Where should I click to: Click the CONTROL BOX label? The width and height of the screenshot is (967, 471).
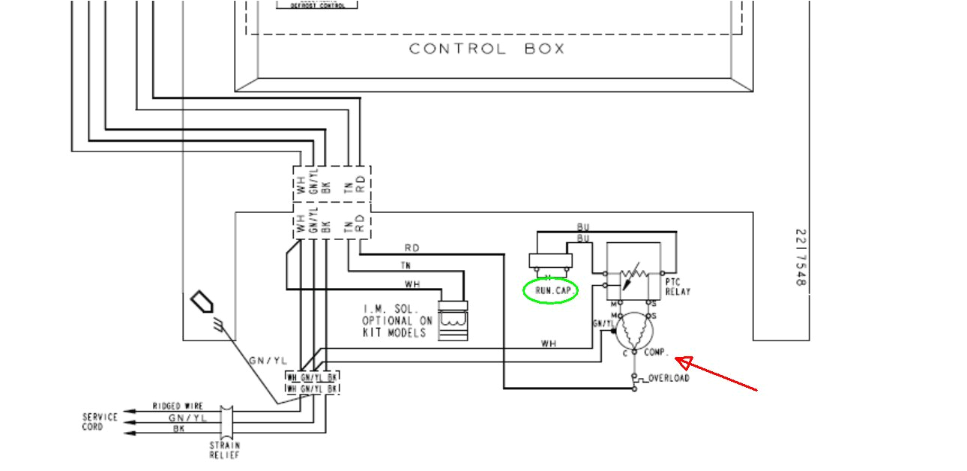(x=486, y=49)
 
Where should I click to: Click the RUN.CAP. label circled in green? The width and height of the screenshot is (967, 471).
(x=551, y=289)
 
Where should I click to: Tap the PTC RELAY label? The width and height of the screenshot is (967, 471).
(x=678, y=286)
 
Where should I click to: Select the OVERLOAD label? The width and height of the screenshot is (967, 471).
(x=669, y=378)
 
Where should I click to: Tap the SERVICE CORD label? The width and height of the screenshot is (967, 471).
(x=100, y=421)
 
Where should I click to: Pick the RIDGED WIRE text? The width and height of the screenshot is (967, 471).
(x=178, y=406)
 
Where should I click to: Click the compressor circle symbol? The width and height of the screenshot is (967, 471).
(x=634, y=331)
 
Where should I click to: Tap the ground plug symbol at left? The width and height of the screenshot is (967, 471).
(x=205, y=304)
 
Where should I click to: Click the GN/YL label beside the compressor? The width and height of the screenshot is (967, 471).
(x=603, y=323)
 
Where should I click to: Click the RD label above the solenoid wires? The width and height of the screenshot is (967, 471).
(x=412, y=247)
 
